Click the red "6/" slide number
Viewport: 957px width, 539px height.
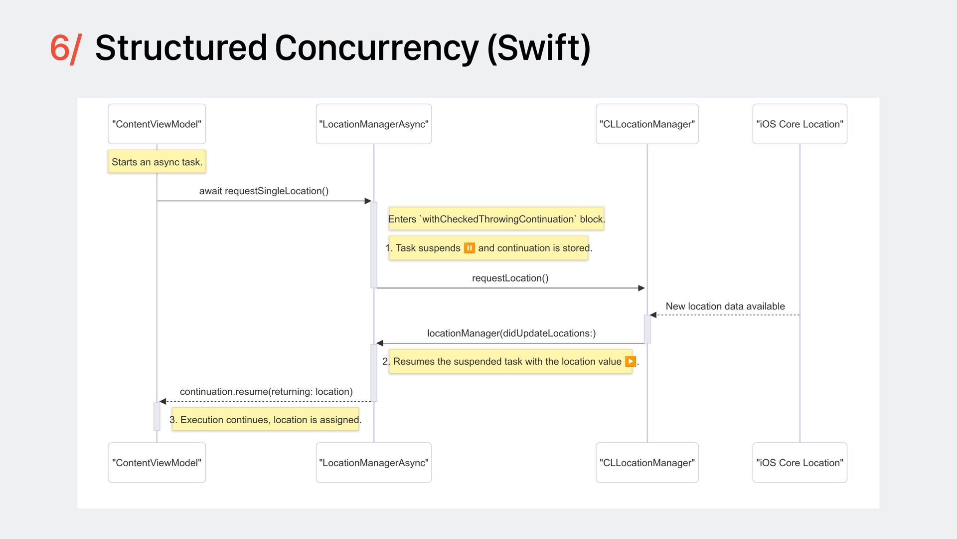tap(65, 48)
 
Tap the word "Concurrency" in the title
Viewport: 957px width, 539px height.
tap(376, 48)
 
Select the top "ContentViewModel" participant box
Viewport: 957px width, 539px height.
tap(157, 124)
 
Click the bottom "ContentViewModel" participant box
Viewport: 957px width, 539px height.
tap(157, 463)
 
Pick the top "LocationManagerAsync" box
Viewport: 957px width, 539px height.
tap(373, 124)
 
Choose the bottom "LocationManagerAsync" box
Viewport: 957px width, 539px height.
tap(373, 463)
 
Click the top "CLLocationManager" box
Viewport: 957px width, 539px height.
tap(647, 124)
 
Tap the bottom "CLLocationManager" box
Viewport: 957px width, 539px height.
tap(647, 463)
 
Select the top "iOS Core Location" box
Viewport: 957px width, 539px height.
tap(799, 124)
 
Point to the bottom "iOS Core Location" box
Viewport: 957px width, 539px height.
tap(799, 463)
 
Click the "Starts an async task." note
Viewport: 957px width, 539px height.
tap(157, 162)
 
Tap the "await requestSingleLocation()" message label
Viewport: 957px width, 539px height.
tap(264, 191)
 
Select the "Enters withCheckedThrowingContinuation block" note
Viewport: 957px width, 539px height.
tap(496, 219)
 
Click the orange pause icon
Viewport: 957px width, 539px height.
tap(469, 248)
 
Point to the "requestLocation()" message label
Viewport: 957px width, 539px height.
tap(510, 278)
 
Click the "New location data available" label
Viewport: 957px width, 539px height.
tap(725, 306)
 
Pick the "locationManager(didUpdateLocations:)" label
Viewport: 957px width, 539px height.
tap(511, 333)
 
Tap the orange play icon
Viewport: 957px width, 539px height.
tap(630, 361)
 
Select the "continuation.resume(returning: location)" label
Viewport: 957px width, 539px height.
tap(266, 392)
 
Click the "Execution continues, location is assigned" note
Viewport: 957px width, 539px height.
tap(265, 420)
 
